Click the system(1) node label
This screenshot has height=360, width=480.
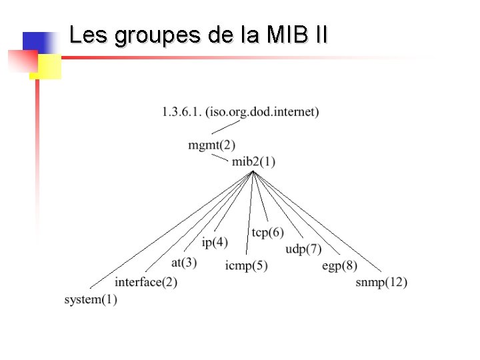click(x=91, y=300)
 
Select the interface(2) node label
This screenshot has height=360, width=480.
click(x=146, y=282)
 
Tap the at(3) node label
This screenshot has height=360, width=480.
click(x=184, y=263)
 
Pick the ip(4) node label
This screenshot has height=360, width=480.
click(x=215, y=242)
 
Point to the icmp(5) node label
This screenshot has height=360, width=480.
click(x=247, y=266)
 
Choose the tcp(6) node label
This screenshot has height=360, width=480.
click(x=268, y=232)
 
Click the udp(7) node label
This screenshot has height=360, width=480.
click(x=303, y=249)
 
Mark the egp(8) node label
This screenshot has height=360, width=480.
click(x=340, y=266)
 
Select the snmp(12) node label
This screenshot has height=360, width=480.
click(x=381, y=282)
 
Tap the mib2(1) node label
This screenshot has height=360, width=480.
click(x=253, y=161)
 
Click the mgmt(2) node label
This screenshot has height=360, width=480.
click(x=211, y=145)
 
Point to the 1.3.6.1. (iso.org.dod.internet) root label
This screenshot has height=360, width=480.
click(x=241, y=111)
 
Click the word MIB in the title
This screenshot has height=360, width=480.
click(x=283, y=35)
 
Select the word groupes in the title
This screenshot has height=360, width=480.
click(x=157, y=35)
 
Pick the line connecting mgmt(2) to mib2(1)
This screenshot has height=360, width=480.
click(x=220, y=157)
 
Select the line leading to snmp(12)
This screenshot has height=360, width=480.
click(x=317, y=221)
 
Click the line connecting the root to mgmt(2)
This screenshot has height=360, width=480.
click(x=227, y=127)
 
